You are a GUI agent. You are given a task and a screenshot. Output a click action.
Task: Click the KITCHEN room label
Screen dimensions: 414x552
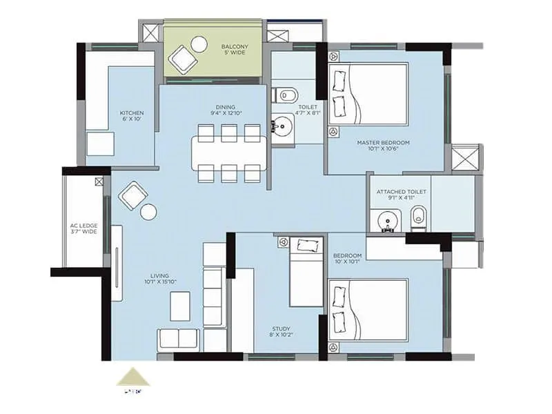point(131,117)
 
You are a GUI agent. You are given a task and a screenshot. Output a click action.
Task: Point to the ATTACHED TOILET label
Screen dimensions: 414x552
point(401,195)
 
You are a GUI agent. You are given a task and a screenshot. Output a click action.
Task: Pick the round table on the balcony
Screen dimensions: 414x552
point(199,44)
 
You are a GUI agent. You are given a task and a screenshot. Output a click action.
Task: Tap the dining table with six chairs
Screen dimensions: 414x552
point(229,153)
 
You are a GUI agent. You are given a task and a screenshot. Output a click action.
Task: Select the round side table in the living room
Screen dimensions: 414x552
point(148,212)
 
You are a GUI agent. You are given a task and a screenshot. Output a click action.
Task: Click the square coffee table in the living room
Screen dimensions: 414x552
point(179,305)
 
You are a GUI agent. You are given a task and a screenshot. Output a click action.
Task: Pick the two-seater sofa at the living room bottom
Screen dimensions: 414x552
point(178,339)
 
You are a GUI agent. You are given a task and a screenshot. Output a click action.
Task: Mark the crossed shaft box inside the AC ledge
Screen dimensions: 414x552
point(99,182)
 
